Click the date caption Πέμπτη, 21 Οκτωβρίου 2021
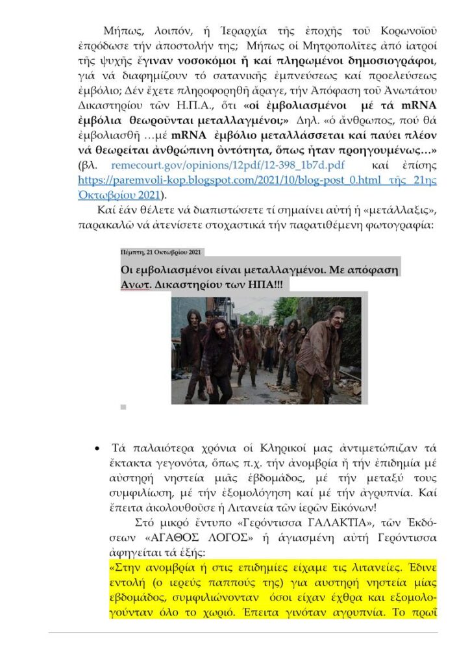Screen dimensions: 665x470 click(161, 252)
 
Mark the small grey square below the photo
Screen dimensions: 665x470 click(123, 407)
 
